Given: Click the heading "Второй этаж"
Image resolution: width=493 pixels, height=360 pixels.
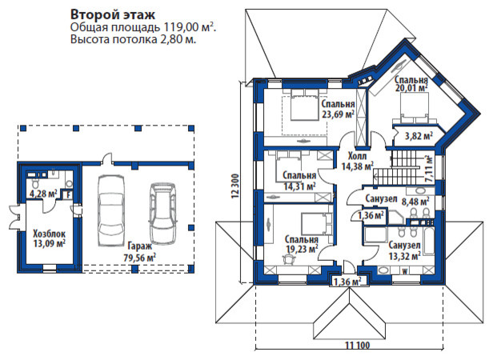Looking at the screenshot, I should [107, 14].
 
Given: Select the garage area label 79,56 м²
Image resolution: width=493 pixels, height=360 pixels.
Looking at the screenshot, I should [141, 258].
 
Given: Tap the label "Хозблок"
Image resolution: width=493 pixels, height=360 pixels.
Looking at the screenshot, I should [49, 234].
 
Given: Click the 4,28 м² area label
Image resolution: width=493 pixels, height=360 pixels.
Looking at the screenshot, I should [42, 193].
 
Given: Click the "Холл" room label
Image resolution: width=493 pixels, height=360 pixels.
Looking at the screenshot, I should [358, 157].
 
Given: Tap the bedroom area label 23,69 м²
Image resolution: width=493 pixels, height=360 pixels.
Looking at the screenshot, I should [339, 114].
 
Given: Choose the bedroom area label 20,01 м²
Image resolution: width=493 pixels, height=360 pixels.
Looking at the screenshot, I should [411, 90].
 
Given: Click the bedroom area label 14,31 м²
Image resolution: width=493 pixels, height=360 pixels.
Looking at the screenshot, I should [299, 186].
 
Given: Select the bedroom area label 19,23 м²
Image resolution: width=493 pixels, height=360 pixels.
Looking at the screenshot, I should [301, 249].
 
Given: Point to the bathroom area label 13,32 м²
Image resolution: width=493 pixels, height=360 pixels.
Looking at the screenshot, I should [406, 256].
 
